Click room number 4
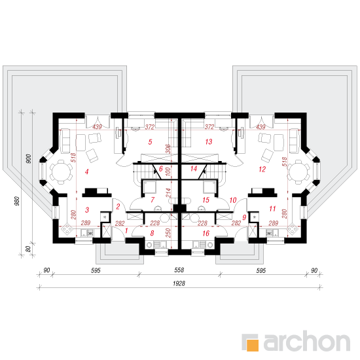click(86, 171)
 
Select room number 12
click(262, 170)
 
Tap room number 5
click(150, 142)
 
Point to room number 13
click(209, 141)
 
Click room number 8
click(152, 233)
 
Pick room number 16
click(206, 233)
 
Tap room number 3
click(87, 210)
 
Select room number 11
click(272, 209)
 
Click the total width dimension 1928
click(179, 283)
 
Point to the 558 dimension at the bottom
click(179, 270)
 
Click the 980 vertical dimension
click(17, 201)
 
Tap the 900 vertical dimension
click(28, 159)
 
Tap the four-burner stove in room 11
click(293, 229)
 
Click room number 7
click(153, 200)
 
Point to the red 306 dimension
click(168, 149)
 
